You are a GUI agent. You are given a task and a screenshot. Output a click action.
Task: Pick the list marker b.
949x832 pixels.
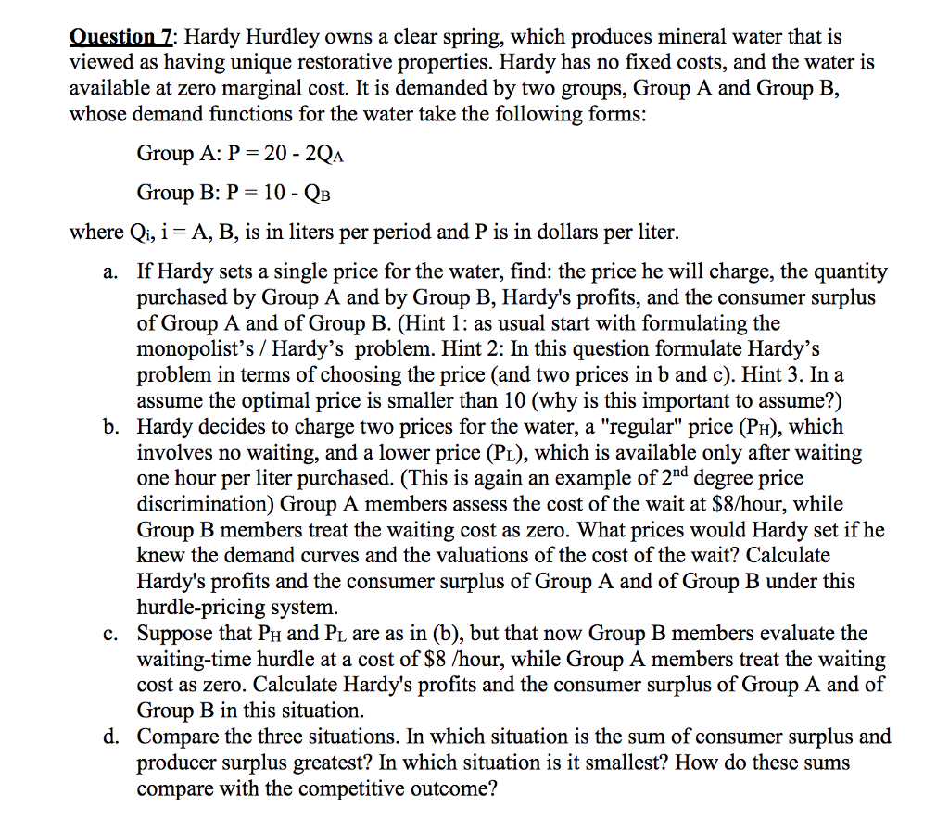[110, 428]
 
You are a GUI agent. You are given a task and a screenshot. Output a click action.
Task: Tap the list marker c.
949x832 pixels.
[110, 635]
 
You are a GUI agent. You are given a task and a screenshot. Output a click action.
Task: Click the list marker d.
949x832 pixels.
[110, 737]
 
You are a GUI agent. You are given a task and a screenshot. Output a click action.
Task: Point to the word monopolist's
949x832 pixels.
[190, 350]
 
